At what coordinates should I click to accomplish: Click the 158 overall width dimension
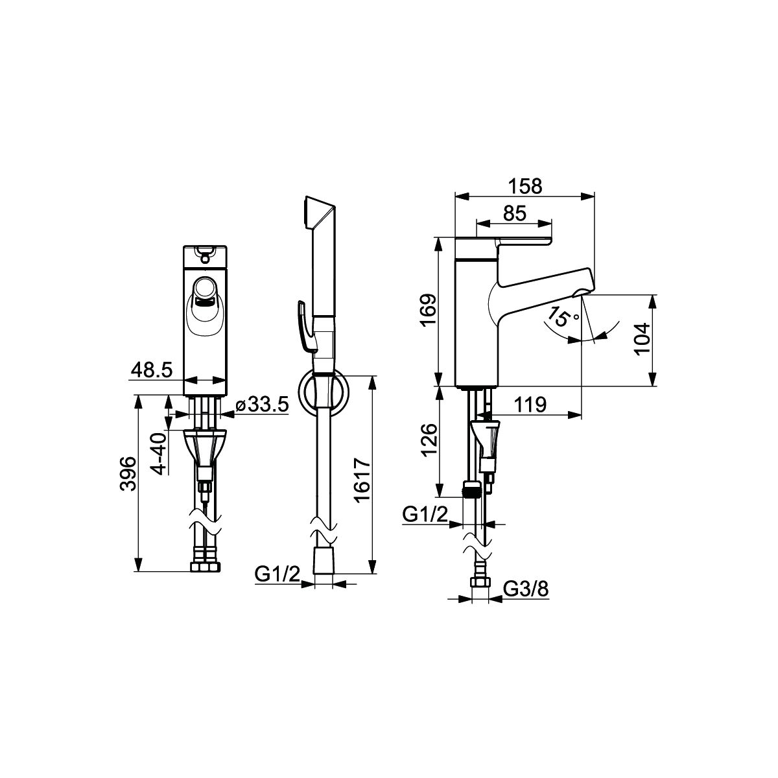(525, 187)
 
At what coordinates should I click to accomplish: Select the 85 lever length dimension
(515, 213)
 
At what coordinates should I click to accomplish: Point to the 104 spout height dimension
(642, 338)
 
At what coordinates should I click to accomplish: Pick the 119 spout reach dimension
(530, 405)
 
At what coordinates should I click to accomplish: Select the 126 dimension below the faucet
(429, 440)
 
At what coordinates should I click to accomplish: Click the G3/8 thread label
(526, 589)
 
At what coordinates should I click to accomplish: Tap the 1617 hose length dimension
(362, 479)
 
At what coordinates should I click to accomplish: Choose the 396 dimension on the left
(128, 473)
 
